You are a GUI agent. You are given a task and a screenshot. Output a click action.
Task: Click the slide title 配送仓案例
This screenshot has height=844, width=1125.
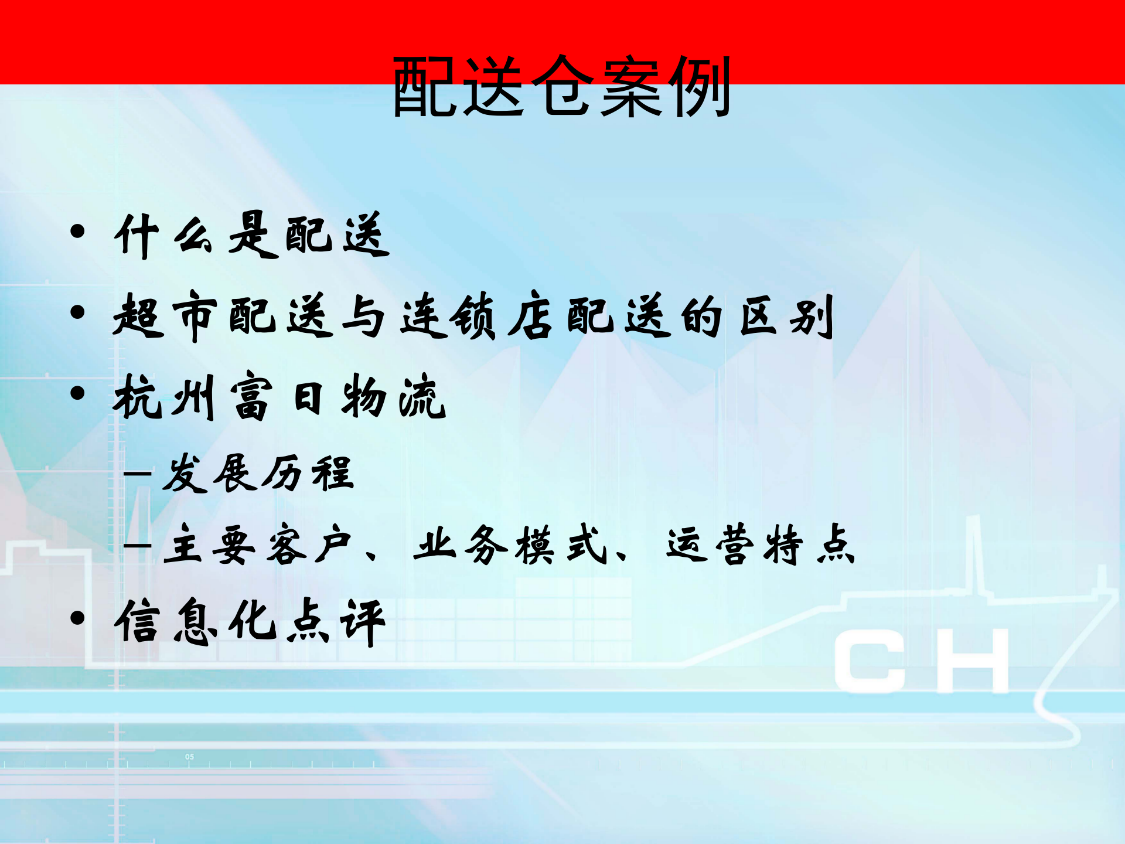(x=561, y=87)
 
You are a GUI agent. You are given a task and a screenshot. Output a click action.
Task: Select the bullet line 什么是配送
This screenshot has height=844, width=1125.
(x=252, y=236)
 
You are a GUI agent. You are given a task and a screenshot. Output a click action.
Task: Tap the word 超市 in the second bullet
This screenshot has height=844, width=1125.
(x=165, y=316)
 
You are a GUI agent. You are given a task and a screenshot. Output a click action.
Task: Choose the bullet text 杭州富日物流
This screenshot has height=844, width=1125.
(x=280, y=397)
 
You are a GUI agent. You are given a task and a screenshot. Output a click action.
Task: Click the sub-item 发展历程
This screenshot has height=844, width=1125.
(x=258, y=474)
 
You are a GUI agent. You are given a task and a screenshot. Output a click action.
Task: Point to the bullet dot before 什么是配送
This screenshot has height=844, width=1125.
(x=77, y=232)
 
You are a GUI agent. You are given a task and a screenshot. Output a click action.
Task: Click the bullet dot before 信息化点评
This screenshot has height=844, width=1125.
(x=77, y=618)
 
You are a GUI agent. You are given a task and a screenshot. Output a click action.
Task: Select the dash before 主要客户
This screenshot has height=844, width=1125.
(x=137, y=546)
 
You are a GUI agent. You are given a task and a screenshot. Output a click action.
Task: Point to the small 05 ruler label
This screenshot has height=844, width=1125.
(x=189, y=757)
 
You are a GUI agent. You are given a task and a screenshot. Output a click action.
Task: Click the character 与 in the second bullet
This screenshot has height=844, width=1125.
(x=363, y=316)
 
